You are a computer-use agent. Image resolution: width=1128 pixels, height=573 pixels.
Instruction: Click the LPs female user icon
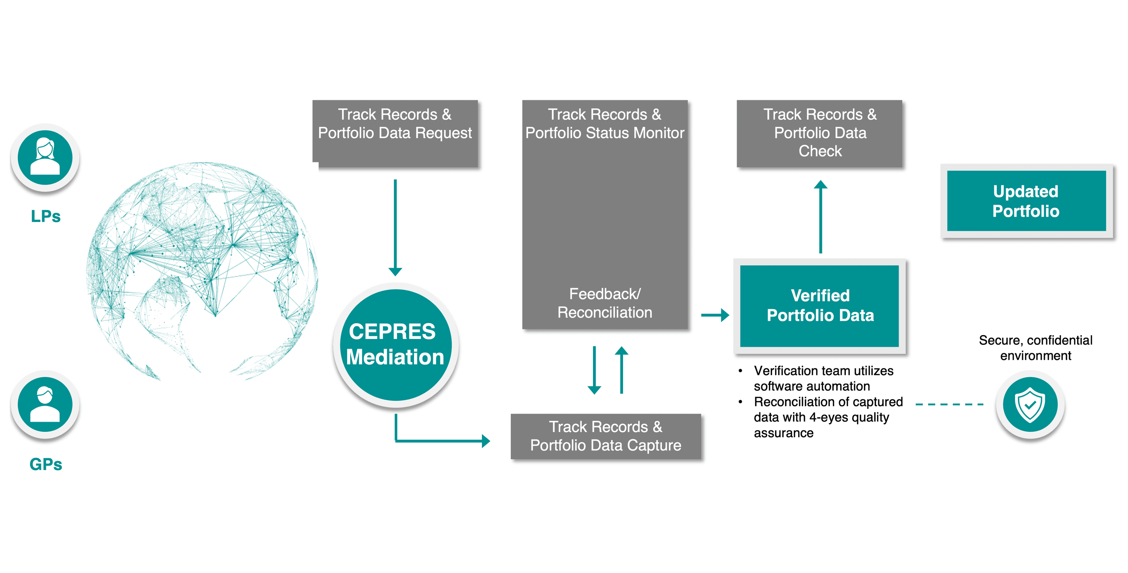45,158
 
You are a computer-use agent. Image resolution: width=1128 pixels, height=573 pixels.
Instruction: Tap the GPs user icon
45,404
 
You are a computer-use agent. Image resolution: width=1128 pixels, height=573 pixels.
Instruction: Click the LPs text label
46,216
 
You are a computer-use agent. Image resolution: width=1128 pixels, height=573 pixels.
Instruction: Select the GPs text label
46,464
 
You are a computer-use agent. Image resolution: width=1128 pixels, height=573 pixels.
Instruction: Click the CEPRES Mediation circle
395,345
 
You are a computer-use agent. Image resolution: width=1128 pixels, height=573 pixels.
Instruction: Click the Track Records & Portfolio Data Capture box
606,436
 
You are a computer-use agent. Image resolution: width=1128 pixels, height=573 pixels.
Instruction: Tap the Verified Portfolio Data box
820,305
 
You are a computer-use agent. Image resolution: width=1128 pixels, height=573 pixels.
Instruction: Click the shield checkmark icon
1030,404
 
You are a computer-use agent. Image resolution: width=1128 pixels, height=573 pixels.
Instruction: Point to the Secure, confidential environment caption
1035,348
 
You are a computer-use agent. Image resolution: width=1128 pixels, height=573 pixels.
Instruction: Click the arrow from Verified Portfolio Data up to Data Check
821,217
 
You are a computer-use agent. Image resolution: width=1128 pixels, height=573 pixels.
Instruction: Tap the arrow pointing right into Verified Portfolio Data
715,315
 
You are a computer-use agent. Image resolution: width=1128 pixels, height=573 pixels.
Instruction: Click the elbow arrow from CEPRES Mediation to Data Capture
438,440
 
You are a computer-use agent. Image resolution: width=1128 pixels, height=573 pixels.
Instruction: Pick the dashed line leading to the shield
949,404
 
